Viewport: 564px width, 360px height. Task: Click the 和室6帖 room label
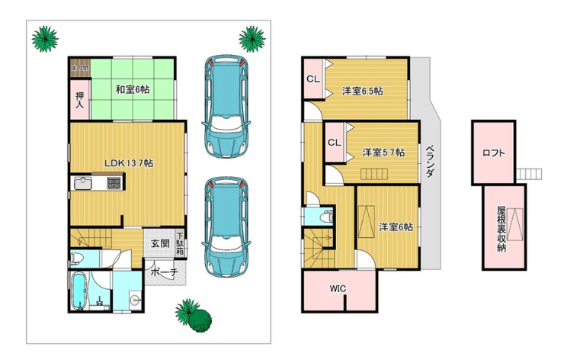(133, 90)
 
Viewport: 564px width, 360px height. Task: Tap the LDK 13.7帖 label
(129, 163)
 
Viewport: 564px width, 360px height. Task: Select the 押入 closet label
(79, 100)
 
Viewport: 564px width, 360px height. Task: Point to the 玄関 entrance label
(160, 243)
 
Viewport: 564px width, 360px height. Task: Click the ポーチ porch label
(164, 272)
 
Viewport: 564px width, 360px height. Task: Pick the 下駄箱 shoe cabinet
(180, 244)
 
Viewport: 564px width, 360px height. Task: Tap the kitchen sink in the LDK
(83, 183)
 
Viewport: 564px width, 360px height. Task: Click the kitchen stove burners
(115, 183)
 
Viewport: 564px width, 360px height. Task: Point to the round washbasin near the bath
(136, 299)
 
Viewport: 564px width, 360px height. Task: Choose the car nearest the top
(226, 106)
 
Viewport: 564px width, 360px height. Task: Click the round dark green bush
(200, 320)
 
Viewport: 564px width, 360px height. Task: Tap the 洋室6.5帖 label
(362, 91)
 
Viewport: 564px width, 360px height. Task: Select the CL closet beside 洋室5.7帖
(334, 143)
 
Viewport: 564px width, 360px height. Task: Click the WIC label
(338, 289)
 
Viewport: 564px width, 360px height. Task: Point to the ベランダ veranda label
(429, 161)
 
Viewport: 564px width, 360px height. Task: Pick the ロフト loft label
(494, 153)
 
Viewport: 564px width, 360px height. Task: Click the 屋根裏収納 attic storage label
(502, 229)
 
